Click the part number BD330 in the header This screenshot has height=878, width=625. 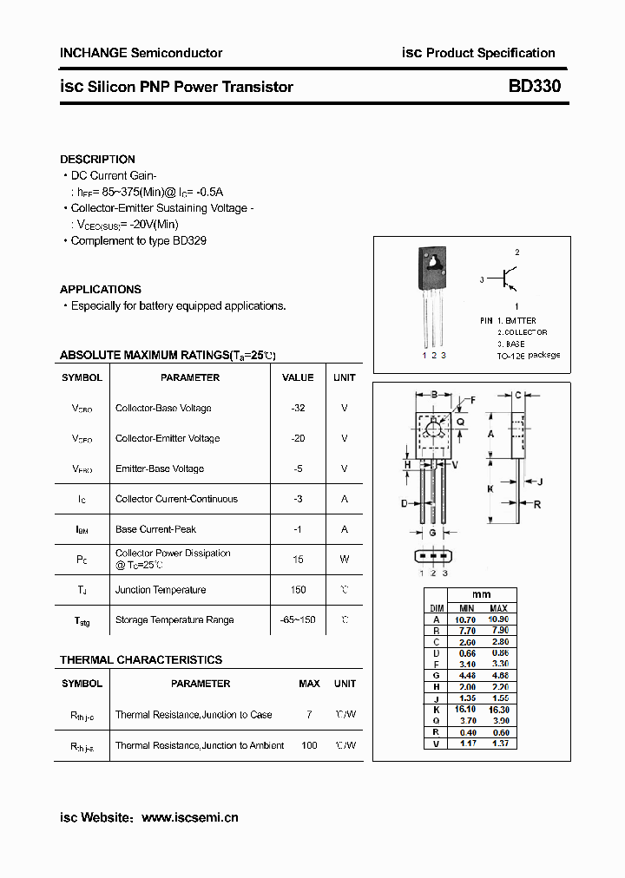535,87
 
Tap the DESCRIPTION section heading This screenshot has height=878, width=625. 97,160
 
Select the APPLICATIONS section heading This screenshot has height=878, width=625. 101,290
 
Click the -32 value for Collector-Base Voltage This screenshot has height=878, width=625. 298,408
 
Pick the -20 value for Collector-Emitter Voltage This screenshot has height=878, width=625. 298,438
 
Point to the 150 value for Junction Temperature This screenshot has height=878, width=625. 298,590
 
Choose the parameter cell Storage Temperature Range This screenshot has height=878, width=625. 174,620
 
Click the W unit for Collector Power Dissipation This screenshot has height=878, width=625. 344,560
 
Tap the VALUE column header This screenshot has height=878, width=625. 298,377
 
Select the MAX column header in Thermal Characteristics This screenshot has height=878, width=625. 309,684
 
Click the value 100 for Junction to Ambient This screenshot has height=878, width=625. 309,745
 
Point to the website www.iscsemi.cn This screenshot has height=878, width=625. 189,817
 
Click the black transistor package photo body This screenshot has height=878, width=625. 432,268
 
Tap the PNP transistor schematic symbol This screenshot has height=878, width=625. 506,278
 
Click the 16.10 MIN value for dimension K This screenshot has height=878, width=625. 466,709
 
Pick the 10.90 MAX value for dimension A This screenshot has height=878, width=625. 498,619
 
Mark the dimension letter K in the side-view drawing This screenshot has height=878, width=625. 490,488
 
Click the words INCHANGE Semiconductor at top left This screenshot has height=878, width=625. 141,53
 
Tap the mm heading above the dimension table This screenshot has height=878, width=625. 481,595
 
